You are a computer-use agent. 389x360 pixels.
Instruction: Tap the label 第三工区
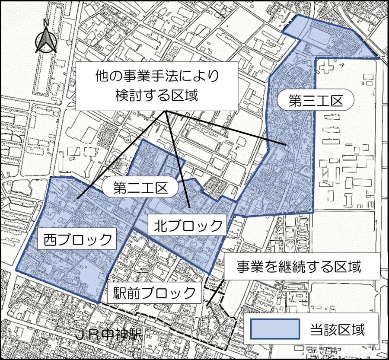316,101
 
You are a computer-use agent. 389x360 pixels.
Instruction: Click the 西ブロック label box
78,239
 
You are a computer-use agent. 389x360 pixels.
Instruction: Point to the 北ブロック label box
185,225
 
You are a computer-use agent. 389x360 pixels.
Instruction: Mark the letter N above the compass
46,22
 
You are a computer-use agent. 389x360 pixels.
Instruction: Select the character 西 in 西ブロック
51,239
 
